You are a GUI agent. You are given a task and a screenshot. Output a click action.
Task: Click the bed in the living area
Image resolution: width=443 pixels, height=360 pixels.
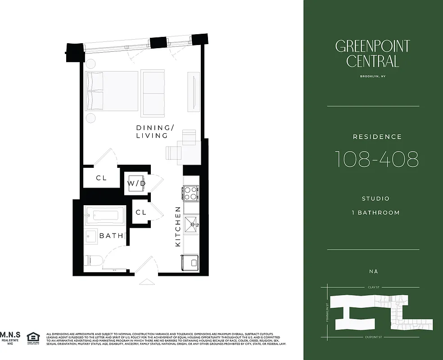(x=113, y=90)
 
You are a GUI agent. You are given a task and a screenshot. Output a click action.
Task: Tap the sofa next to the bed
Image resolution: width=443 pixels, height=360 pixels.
(x=153, y=93)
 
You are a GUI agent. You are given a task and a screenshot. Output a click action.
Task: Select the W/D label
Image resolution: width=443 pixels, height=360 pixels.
(x=136, y=184)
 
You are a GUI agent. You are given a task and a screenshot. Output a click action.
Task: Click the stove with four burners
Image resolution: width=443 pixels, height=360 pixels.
(x=191, y=193)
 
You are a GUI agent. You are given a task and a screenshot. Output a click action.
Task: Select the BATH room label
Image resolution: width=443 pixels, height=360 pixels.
(x=111, y=236)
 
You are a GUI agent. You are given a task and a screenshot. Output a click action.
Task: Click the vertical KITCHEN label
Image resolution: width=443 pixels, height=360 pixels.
(x=178, y=226)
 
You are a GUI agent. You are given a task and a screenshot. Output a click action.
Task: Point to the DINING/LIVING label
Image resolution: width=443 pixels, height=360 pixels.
(x=152, y=131)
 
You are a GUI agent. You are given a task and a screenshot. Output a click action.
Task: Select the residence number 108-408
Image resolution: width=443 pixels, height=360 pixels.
(x=376, y=159)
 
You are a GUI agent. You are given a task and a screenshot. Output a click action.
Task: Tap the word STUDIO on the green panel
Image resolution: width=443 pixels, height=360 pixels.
(x=375, y=198)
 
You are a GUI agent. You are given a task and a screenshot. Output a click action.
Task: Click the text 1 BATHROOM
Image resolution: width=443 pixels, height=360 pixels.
(x=375, y=212)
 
